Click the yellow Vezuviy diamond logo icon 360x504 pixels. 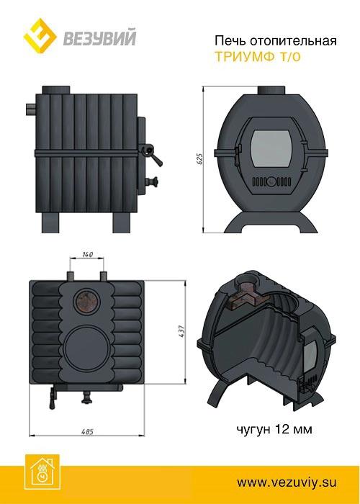point(40,36)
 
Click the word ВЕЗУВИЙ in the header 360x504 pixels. point(99,37)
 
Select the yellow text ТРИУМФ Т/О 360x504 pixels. point(258,57)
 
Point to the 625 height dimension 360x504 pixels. point(199,159)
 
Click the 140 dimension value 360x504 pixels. point(87,255)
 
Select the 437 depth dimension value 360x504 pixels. point(182,331)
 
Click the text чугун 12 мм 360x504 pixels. point(274,429)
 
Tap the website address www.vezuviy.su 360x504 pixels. point(287,482)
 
